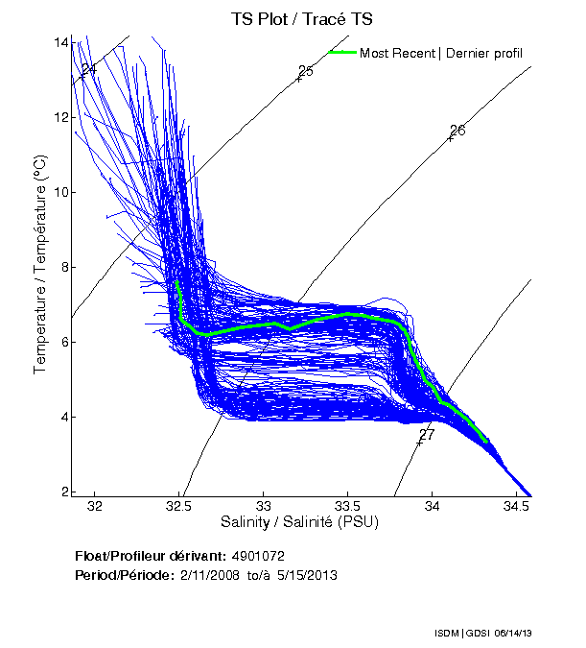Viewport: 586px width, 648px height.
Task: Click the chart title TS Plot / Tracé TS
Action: point(302,18)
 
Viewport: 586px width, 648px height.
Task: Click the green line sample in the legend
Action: point(341,53)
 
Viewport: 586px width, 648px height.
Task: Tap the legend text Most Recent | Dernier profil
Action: point(441,53)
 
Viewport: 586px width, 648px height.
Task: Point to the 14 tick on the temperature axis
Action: point(62,42)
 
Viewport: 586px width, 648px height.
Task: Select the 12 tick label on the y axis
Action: point(62,117)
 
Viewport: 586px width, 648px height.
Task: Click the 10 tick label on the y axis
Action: point(62,192)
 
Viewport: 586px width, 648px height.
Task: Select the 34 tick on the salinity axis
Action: point(433,506)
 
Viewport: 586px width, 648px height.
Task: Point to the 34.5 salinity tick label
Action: point(516,506)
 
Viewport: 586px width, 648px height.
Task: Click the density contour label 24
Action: point(89,70)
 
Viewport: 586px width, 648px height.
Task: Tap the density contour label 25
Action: point(306,71)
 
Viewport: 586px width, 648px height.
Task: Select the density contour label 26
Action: point(457,131)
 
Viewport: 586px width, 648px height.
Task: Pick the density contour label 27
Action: point(427,435)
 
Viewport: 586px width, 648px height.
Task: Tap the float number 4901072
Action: point(258,556)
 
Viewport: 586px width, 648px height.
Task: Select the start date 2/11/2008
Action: point(207,575)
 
